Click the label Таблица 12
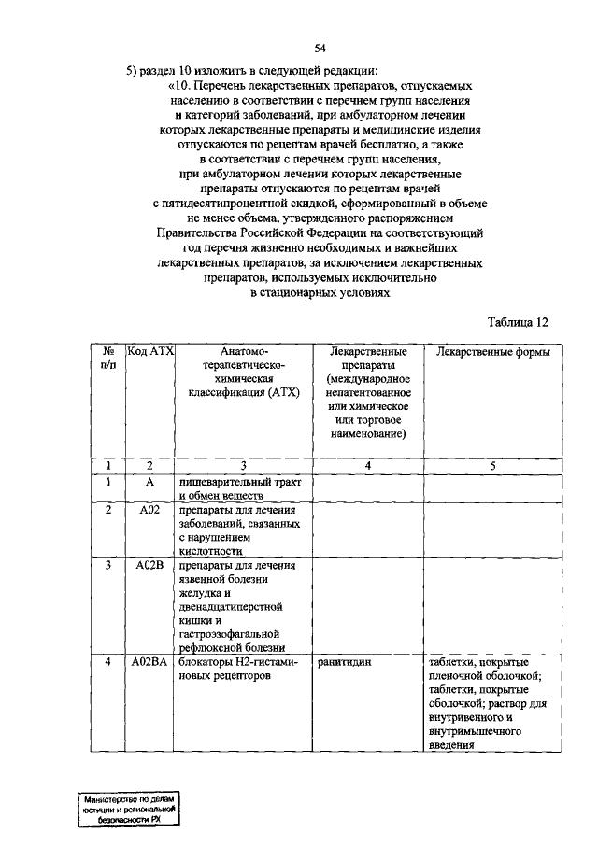coord(517,322)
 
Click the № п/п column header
coord(108,359)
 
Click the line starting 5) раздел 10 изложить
coord(252,71)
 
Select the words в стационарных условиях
coord(320,292)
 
